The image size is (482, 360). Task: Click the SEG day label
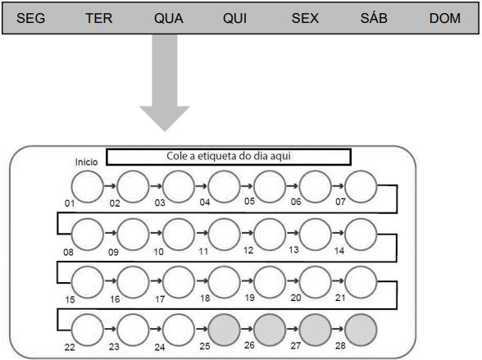tap(31, 18)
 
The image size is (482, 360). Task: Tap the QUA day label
tap(169, 18)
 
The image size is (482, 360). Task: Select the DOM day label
tap(445, 18)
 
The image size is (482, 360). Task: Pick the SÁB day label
tap(374, 17)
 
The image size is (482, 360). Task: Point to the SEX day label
tap(305, 18)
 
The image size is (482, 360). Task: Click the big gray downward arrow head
tap(165, 118)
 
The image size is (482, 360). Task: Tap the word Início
tap(86, 162)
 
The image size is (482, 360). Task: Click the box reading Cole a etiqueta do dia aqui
tap(229, 157)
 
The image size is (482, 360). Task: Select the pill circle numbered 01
tap(87, 187)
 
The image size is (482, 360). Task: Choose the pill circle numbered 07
tap(361, 187)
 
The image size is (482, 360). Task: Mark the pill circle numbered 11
tap(224, 235)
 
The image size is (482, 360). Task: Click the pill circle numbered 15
tap(87, 282)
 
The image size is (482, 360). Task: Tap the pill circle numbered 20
tap(315, 282)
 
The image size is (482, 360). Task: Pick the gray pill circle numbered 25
tap(224, 330)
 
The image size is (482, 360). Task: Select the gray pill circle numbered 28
tap(361, 330)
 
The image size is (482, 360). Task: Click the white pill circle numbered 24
tap(179, 330)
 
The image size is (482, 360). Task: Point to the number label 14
tap(339, 251)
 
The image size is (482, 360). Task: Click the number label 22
tap(70, 347)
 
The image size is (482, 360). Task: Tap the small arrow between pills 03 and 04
tap(202, 186)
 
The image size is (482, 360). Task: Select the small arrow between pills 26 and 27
tap(293, 329)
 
